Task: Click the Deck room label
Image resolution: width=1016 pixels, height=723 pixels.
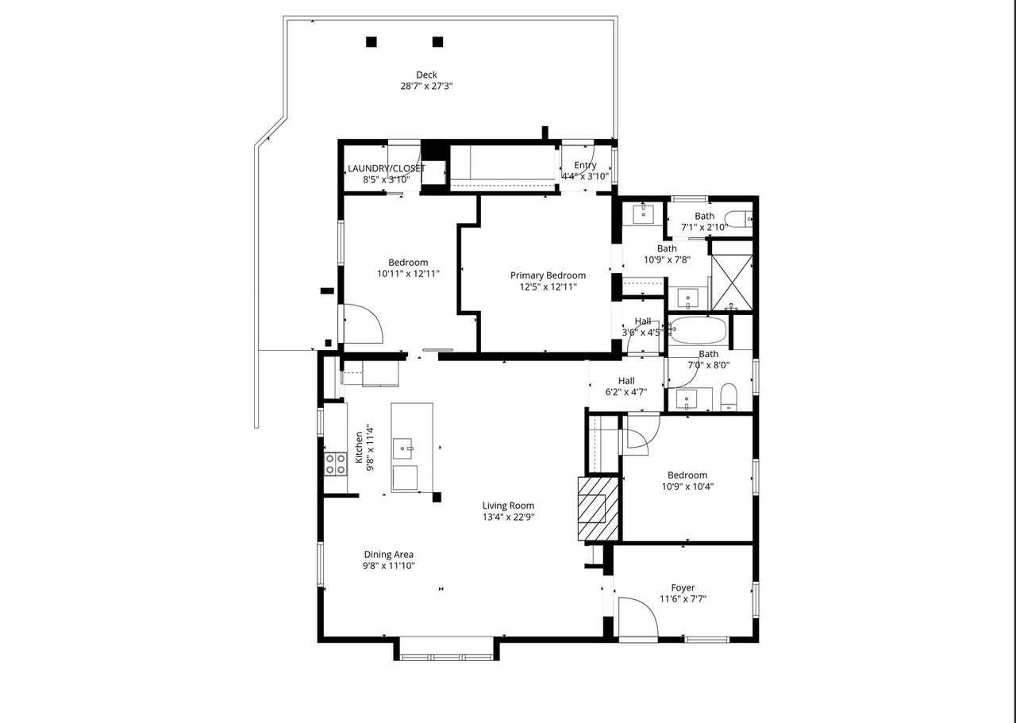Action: coord(426,75)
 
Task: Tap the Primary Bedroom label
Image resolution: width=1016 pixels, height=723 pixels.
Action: coord(548,275)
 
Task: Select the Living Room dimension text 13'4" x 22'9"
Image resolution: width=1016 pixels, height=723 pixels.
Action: coord(509,517)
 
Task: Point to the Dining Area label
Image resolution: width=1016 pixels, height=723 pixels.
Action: coord(389,554)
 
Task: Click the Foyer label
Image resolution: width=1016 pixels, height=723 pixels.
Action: coord(683,587)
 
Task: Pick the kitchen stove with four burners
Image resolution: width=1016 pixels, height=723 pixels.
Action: coord(335,464)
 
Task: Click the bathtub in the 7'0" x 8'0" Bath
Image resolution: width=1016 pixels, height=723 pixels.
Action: coord(698,329)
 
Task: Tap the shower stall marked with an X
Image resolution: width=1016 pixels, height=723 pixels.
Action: coord(732,283)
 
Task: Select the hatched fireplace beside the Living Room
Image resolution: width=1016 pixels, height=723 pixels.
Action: coord(598,509)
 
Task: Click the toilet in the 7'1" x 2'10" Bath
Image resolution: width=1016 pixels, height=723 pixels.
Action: coord(737,220)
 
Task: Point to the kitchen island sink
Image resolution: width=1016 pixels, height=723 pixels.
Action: coord(402,448)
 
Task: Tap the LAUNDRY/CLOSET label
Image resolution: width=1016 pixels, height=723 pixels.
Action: coord(387,168)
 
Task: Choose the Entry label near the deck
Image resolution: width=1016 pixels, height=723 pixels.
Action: coord(585,165)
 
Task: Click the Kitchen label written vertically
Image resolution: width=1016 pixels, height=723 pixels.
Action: coord(359,448)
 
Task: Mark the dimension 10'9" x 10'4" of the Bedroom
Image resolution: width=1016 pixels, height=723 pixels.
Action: coord(687,486)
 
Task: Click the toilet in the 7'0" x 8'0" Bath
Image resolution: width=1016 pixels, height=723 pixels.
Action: coord(729,398)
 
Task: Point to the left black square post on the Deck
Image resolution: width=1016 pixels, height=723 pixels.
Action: coord(371,42)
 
